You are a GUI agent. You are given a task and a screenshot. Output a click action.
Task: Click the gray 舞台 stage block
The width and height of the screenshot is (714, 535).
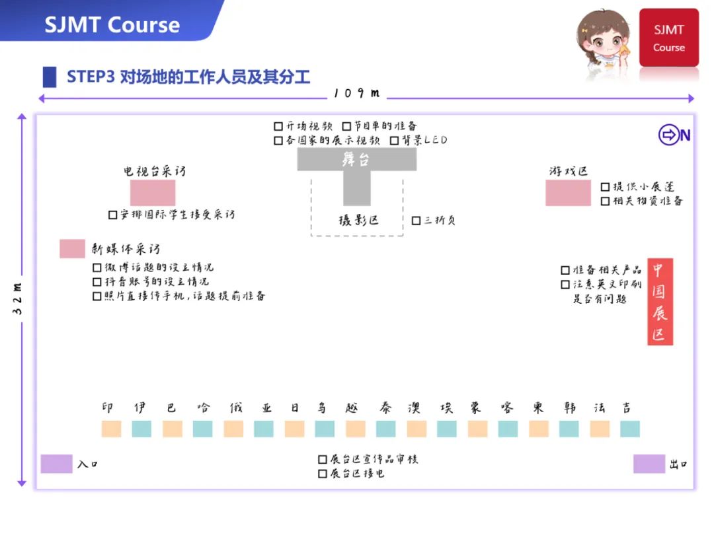click(356, 159)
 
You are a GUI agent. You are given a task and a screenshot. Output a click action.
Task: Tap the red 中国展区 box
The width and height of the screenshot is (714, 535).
click(660, 301)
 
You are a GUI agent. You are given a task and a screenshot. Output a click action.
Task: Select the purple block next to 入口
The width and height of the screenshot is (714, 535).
click(56, 464)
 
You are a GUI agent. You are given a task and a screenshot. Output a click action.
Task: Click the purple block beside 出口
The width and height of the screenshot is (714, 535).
click(649, 464)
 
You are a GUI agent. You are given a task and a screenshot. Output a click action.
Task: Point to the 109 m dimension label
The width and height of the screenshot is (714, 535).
click(357, 93)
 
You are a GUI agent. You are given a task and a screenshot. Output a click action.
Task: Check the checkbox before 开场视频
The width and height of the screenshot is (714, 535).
click(278, 125)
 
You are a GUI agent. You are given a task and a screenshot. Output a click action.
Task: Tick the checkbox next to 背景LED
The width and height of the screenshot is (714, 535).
click(395, 140)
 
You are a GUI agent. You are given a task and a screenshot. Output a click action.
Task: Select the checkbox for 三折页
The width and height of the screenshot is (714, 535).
click(416, 221)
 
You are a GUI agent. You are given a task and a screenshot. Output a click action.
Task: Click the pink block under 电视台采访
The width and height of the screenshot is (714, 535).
click(153, 192)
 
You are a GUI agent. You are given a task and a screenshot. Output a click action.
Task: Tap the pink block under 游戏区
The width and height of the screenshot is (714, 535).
click(568, 192)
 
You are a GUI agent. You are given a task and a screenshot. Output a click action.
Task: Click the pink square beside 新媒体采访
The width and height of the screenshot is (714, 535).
click(72, 249)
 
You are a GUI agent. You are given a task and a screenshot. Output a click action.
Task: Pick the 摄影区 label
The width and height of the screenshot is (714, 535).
click(358, 221)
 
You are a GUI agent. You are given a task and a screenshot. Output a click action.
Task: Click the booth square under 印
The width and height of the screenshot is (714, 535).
click(111, 429)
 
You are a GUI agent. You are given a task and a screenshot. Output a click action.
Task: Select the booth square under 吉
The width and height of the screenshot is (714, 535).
click(629, 429)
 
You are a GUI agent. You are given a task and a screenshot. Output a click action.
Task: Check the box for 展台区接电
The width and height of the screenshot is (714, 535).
click(323, 474)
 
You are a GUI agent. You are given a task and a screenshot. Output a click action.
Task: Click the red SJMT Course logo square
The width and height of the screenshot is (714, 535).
click(668, 38)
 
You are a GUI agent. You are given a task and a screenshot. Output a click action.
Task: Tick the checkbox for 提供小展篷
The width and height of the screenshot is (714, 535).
click(605, 187)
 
